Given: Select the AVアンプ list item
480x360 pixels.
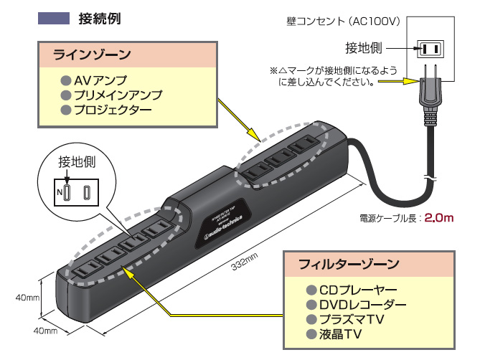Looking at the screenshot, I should [99, 79].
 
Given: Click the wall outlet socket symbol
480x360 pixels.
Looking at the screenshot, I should [428, 49].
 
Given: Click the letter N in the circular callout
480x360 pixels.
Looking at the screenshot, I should [60, 193].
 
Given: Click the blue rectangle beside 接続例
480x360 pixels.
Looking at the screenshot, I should [54, 18].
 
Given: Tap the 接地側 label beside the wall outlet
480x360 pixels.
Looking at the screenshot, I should [364, 49].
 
